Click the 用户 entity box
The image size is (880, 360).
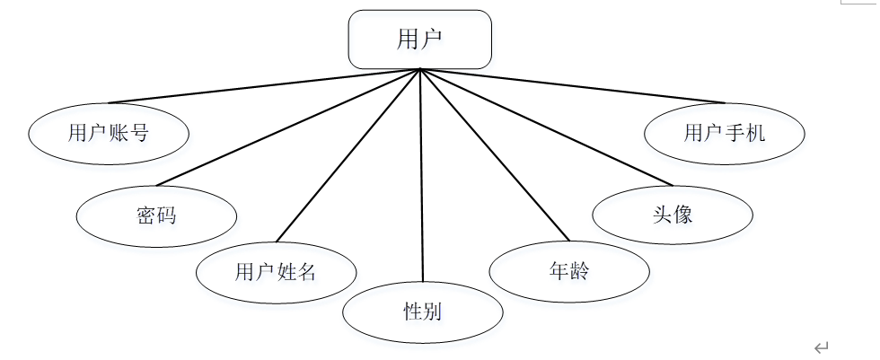click(420, 40)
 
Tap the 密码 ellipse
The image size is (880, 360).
click(156, 216)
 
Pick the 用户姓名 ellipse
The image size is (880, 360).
click(276, 272)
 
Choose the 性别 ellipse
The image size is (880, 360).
click(422, 312)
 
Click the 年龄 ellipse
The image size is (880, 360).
click(568, 271)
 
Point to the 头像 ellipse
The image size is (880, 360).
click(673, 215)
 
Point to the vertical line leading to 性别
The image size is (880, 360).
click(421, 180)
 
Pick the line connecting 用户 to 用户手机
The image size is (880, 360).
click(575, 86)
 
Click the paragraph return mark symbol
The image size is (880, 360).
click(821, 347)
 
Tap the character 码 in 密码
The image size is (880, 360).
click(166, 216)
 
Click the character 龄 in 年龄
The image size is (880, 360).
click(579, 271)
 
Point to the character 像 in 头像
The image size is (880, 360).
click(682, 215)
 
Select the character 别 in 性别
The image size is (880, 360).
click(432, 312)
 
